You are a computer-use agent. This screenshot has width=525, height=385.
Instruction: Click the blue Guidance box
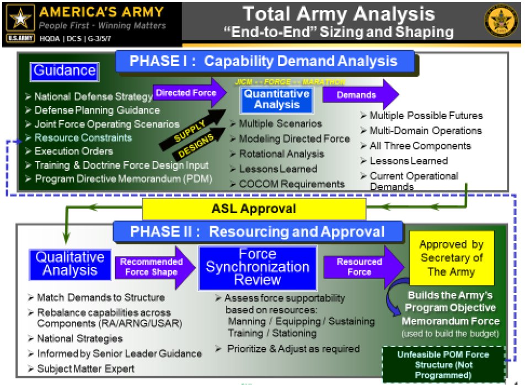(x=65, y=71)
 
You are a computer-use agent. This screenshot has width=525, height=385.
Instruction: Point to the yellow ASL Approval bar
(x=254, y=209)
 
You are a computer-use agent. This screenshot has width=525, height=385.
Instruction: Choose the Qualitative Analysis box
(x=70, y=264)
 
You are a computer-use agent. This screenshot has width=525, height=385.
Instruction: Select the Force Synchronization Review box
(x=258, y=267)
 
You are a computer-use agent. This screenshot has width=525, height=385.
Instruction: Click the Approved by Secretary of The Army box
(x=451, y=258)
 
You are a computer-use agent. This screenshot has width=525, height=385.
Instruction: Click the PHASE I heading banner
(x=264, y=62)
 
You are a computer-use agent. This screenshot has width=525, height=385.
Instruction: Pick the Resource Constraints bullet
(x=83, y=137)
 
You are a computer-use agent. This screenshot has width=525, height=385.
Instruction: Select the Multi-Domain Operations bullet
(x=425, y=131)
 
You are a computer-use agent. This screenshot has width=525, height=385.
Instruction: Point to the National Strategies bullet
(x=79, y=338)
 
